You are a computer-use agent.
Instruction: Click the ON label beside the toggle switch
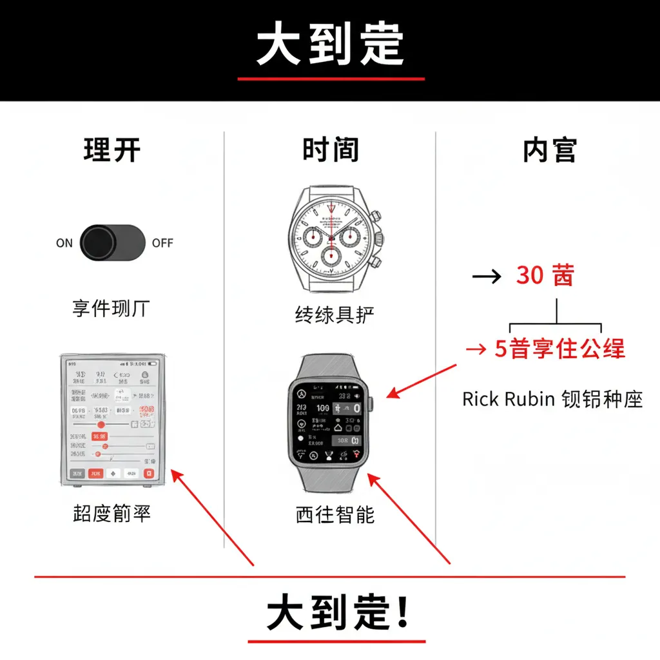[x=64, y=244]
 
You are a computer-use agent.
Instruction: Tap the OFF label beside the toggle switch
[x=162, y=244]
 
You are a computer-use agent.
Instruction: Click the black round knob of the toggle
[x=98, y=243]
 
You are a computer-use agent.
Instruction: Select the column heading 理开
[x=112, y=150]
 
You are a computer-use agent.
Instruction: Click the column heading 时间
[x=331, y=150]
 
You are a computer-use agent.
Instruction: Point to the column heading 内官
[x=550, y=150]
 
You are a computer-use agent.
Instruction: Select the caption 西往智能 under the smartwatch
[x=335, y=514]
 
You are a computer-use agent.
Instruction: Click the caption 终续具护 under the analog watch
[x=335, y=315]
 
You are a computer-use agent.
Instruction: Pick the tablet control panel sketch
[x=112, y=420]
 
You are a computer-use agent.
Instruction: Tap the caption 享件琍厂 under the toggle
[x=111, y=309]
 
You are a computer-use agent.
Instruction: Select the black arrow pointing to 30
[x=486, y=277]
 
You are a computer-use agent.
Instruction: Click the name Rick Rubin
[x=509, y=399]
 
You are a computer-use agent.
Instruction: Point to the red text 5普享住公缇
[x=559, y=349]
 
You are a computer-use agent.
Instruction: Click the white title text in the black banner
[x=330, y=45]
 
